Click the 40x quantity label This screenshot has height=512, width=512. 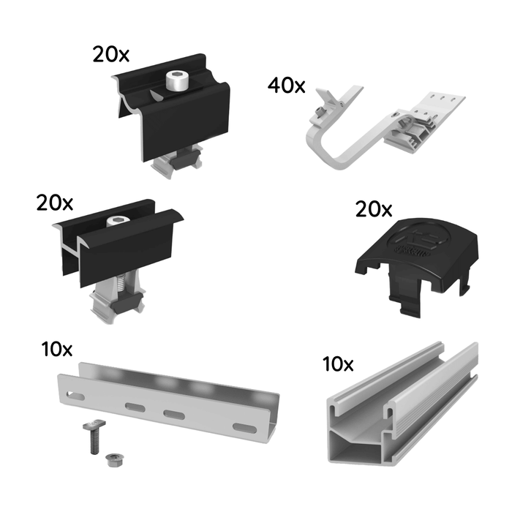pos(286,86)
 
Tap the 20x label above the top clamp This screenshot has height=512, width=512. pos(110,53)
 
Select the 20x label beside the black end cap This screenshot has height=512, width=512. pos(373,210)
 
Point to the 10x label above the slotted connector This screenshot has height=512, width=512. pos(57,348)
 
